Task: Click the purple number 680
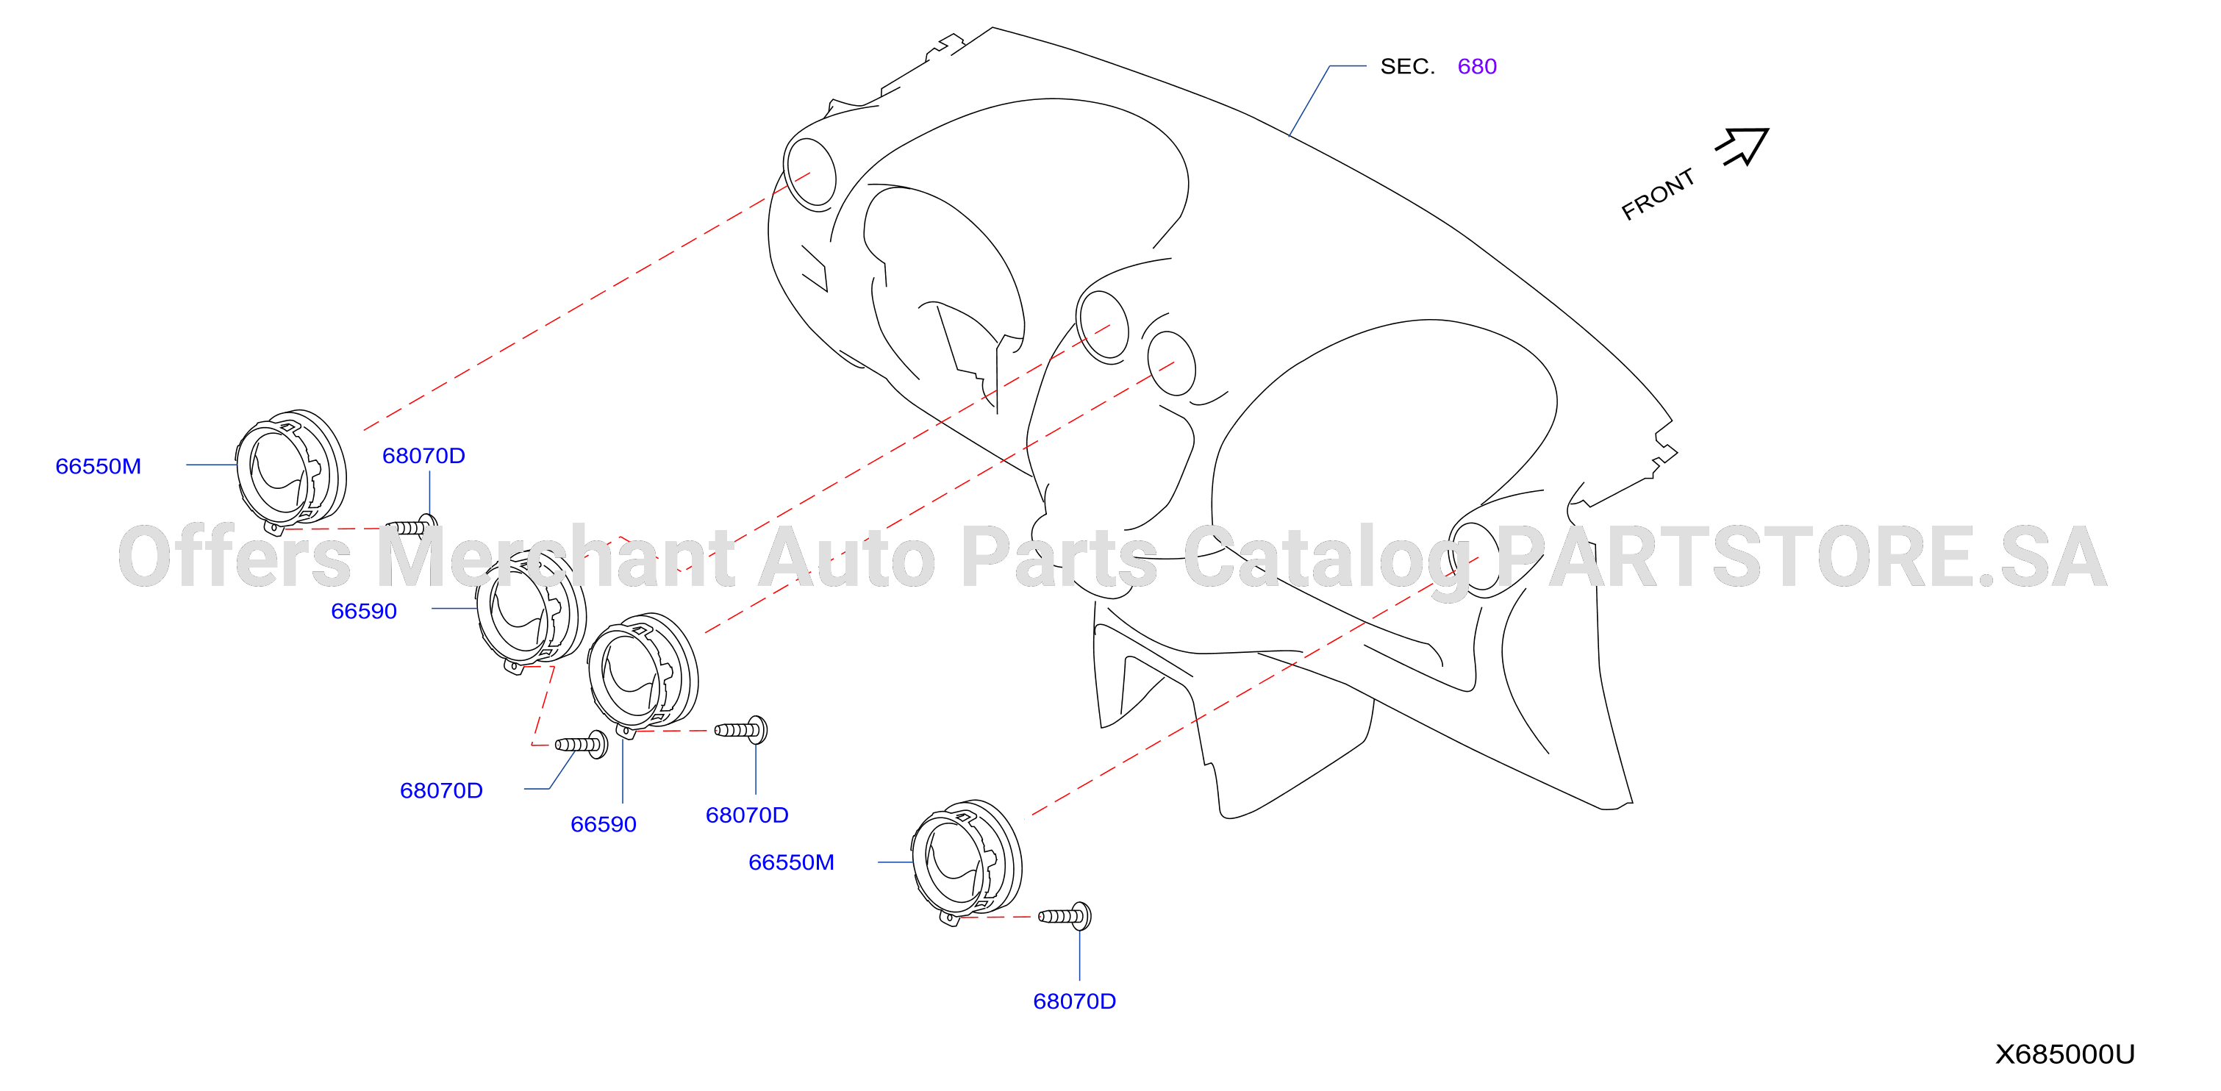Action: [1476, 66]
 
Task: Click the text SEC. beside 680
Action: [1407, 66]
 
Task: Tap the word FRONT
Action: [1658, 194]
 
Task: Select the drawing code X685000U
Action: [2064, 1054]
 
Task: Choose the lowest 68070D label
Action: [1074, 1001]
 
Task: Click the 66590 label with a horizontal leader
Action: [364, 611]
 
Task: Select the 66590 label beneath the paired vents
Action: [604, 825]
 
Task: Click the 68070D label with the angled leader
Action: [441, 790]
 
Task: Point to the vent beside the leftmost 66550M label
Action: [291, 469]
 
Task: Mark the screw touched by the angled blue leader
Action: [581, 743]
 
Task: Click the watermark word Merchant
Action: [555, 557]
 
